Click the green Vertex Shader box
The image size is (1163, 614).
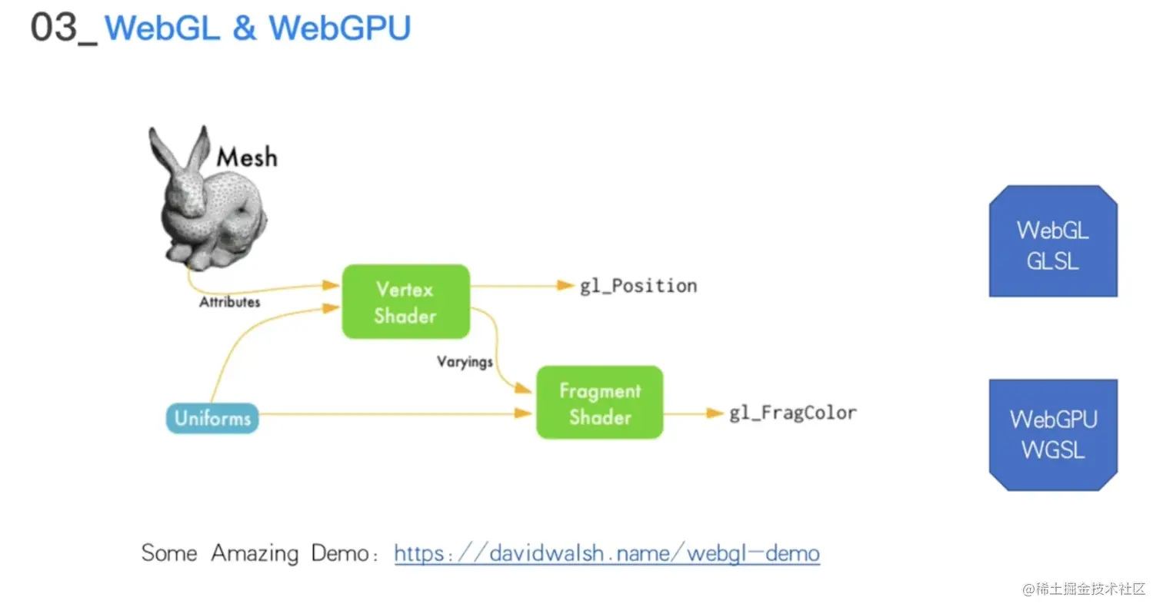coord(405,302)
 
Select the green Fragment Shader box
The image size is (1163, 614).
coord(599,403)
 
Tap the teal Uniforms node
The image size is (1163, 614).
coord(212,419)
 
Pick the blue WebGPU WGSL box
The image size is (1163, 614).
coord(1052,434)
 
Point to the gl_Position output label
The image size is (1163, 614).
coord(638,286)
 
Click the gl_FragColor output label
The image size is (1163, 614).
coord(792,413)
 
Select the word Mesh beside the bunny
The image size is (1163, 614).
coord(246,158)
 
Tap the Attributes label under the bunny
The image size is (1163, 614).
coord(229,302)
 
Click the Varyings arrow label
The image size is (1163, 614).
coord(465,360)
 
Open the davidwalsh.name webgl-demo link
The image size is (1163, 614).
coord(607,553)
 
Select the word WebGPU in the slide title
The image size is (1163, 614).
coord(339,28)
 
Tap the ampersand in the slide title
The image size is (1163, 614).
coord(242,28)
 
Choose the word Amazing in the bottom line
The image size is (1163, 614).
coord(255,553)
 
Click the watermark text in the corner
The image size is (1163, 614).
coord(1084,589)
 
